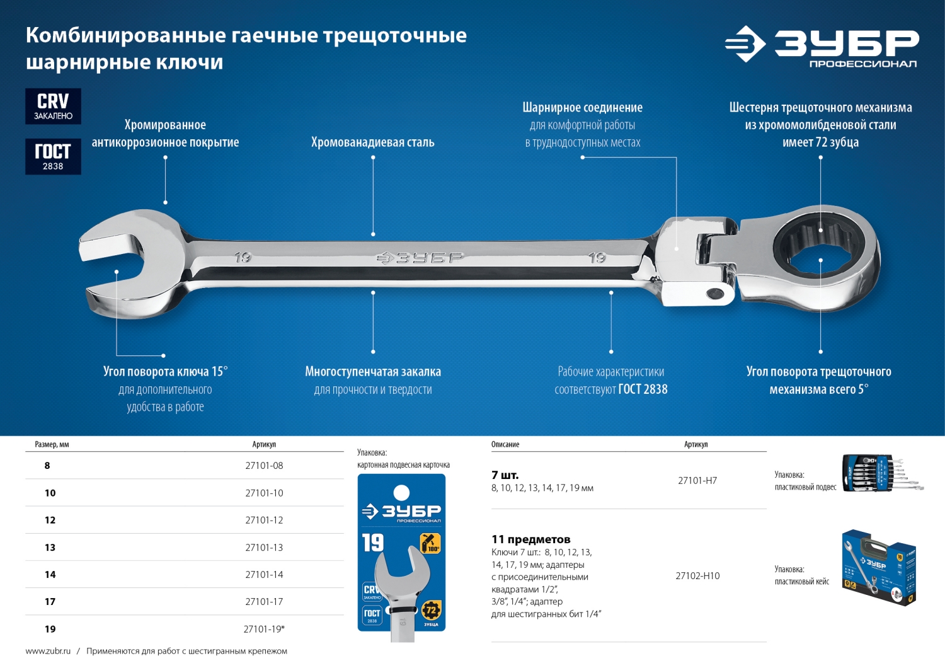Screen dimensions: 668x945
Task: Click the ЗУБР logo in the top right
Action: [822, 45]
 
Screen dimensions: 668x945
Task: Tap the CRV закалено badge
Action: [53, 106]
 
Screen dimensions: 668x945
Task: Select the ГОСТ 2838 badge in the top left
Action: [53, 156]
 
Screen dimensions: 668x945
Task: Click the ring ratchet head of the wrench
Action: [820, 258]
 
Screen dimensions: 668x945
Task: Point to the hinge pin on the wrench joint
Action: [715, 293]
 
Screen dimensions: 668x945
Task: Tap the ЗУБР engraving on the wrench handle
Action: [421, 258]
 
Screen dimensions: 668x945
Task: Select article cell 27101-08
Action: [264, 466]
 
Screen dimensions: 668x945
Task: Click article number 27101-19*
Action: [264, 629]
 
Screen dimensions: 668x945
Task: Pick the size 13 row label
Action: [50, 548]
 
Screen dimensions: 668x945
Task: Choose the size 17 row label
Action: [50, 602]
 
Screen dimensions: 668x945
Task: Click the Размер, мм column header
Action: [52, 444]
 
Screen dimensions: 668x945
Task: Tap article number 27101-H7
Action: [697, 480]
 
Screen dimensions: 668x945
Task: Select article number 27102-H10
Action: [697, 576]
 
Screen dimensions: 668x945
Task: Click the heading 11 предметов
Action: [530, 539]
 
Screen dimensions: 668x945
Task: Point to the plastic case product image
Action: [878, 567]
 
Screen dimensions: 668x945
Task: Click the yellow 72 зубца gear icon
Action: [431, 610]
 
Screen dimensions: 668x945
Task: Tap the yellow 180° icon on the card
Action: [430, 543]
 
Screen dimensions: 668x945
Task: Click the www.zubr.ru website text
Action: [48, 651]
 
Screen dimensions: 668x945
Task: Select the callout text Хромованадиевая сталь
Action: [373, 142]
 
